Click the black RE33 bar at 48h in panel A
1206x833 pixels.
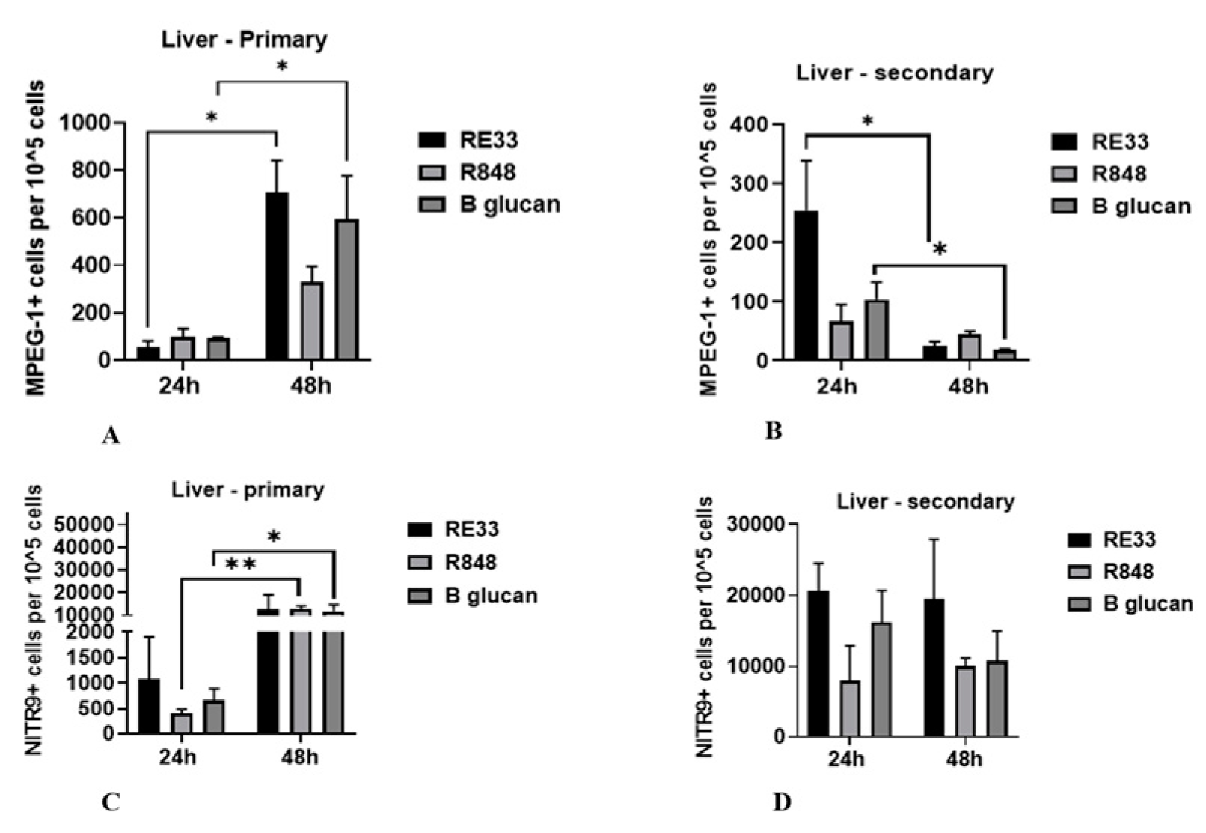(277, 277)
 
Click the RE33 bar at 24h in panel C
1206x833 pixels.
(148, 707)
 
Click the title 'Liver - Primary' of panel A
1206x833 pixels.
(245, 40)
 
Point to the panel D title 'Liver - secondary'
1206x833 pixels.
(925, 501)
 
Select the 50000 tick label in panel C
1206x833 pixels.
(89, 525)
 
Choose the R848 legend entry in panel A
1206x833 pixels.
(487, 172)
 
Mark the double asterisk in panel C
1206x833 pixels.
(241, 564)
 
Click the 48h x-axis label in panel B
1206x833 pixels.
(967, 386)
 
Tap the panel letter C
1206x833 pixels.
(110, 803)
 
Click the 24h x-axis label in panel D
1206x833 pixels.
(846, 759)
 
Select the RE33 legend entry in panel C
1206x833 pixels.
(471, 529)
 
